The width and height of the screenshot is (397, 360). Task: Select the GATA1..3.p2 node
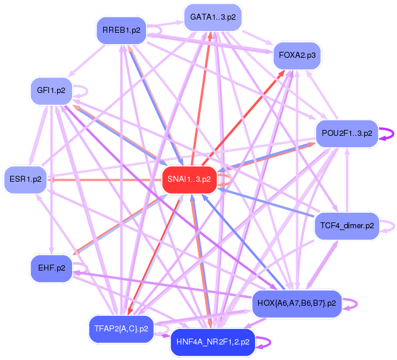(213, 17)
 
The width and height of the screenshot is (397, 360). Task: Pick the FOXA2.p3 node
(297, 55)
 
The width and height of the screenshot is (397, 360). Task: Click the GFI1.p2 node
(51, 91)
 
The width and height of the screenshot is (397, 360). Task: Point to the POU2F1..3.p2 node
(346, 133)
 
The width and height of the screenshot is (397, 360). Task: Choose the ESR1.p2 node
(26, 179)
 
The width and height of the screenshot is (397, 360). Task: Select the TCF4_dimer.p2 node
(346, 226)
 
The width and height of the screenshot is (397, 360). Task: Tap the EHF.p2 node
(51, 268)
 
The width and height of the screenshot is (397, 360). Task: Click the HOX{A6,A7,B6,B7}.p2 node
(296, 303)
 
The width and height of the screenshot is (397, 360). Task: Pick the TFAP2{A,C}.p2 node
(121, 328)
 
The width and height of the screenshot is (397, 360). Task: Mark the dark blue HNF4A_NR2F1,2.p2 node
(213, 342)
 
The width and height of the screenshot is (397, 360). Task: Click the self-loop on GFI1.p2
(85, 91)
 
